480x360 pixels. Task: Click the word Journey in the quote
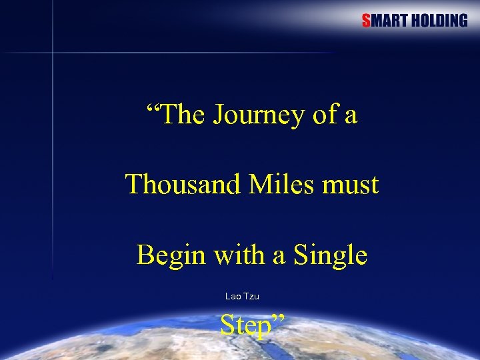tap(259, 115)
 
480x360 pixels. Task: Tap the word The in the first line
tap(182, 115)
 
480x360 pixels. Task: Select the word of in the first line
tap(325, 115)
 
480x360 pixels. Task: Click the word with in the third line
tap(230, 255)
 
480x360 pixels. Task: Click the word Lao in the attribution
tap(233, 296)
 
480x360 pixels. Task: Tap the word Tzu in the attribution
tap(251, 296)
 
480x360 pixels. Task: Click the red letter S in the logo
tap(366, 21)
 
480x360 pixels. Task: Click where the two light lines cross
tap(53, 52)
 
